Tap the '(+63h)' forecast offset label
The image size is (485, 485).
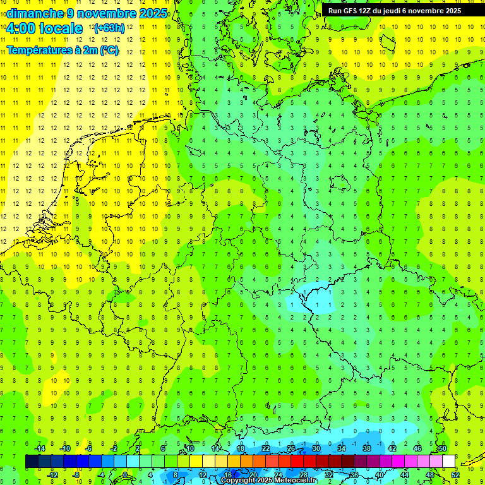(x=109, y=28)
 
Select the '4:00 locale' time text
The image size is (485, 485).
(x=44, y=28)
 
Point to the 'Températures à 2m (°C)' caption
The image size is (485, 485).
(x=63, y=50)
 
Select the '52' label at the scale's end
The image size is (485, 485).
(x=455, y=475)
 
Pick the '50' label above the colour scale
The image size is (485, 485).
(x=442, y=448)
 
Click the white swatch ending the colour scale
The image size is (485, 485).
(x=448, y=462)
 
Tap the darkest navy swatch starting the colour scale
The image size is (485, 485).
(x=32, y=462)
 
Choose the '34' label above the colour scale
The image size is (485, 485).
(x=341, y=448)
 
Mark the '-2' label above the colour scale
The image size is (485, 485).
(x=114, y=448)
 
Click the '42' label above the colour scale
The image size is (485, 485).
(x=392, y=448)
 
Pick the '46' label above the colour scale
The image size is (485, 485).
(x=417, y=448)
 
